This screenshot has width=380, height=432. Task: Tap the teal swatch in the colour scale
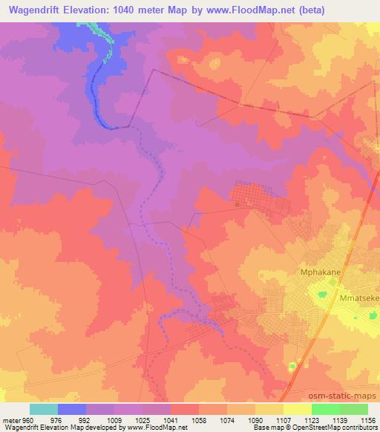[x=44, y=409]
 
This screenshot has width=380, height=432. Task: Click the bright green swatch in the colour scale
[x=325, y=409]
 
